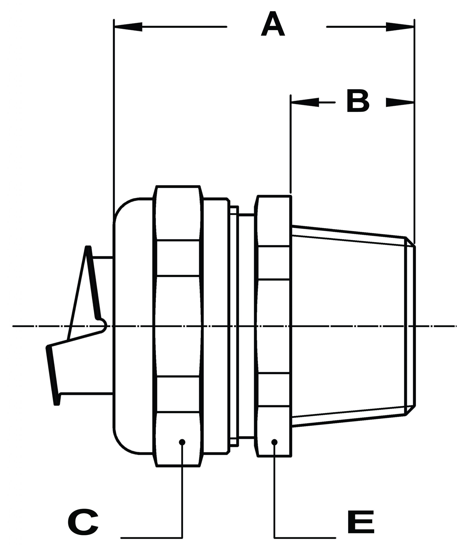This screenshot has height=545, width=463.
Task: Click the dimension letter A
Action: coord(273,24)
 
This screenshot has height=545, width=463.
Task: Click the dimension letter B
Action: coord(358,101)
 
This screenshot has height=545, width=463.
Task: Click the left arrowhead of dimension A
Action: coord(129,27)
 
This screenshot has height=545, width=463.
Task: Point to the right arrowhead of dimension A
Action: coord(400,27)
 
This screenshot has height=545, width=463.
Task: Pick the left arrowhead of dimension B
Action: coord(305,102)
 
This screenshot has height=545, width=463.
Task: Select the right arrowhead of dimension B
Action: coord(400,102)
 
